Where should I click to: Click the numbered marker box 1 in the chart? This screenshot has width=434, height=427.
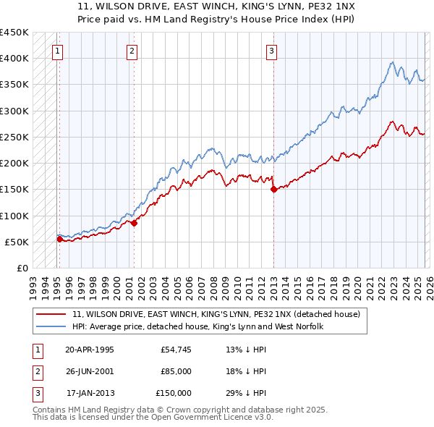pos(57,51)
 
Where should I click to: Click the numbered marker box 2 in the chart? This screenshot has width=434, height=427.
pos(132,51)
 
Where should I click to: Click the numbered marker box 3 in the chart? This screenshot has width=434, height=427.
pos(271,51)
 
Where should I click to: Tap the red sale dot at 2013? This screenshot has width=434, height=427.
pos(273,190)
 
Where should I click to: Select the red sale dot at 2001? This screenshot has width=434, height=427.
pos(135,224)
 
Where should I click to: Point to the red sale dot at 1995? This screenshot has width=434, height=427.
pos(60,239)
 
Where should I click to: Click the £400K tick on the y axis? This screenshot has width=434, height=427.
pos(14,59)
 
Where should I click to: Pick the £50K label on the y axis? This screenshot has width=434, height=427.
pos(17,242)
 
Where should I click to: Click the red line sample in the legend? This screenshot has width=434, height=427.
pos(52,314)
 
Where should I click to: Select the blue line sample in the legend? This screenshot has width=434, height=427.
pos(52,326)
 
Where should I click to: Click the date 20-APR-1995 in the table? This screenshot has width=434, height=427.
pos(90,350)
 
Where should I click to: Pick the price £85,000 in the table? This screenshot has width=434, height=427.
pos(176,371)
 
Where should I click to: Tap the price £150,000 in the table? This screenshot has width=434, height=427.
pos(174,393)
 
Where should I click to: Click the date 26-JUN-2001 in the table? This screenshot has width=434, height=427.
pos(90,371)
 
